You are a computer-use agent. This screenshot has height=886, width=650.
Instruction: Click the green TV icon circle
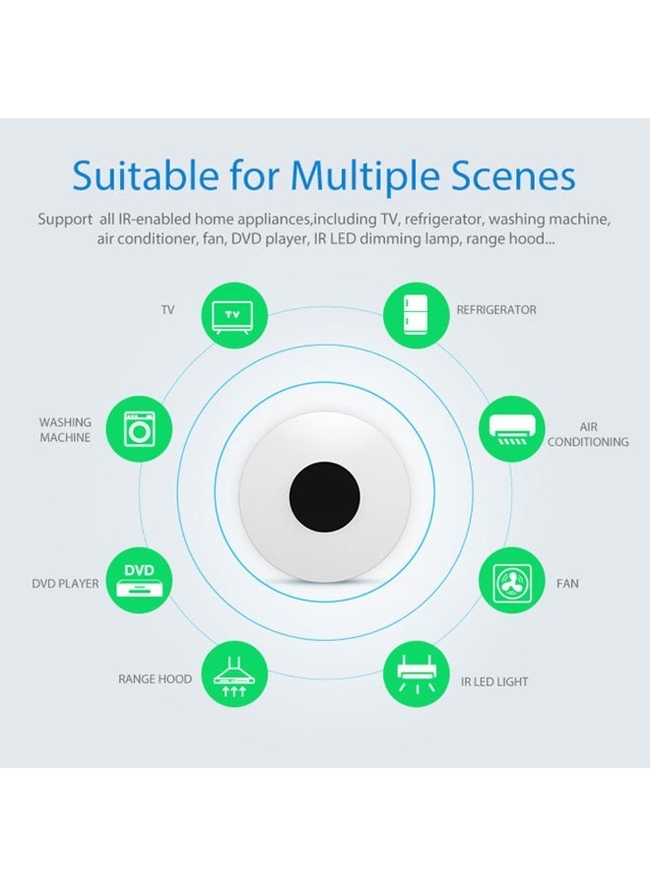click(x=234, y=315)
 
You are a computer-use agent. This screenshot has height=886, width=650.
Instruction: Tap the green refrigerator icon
click(x=417, y=315)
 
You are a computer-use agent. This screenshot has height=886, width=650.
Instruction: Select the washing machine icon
click(x=140, y=429)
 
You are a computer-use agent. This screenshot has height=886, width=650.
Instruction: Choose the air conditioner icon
click(x=511, y=429)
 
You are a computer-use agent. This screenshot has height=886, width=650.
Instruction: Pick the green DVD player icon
click(x=140, y=580)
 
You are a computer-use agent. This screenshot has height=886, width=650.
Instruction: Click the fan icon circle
click(x=511, y=580)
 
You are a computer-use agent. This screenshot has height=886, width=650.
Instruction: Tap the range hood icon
click(x=234, y=674)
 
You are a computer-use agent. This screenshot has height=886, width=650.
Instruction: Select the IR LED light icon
click(x=417, y=674)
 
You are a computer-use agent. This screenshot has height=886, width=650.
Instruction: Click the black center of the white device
click(x=324, y=496)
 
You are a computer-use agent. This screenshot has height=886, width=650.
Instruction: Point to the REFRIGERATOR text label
click(x=496, y=310)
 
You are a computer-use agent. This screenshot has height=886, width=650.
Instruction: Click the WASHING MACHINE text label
click(x=65, y=430)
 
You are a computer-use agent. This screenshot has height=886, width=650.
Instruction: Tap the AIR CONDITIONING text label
click(x=588, y=434)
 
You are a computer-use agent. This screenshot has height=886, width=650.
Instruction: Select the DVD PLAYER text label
click(x=65, y=584)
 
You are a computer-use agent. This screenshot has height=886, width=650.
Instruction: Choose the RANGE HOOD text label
click(x=155, y=679)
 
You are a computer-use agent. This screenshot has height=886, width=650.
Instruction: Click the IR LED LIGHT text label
click(x=494, y=682)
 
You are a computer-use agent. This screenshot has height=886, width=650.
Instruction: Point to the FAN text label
click(x=567, y=584)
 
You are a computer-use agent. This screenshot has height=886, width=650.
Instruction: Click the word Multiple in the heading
click(x=364, y=176)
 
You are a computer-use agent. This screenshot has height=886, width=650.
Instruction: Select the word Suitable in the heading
click(x=145, y=175)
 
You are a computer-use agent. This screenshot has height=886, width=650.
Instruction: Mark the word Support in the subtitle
click(x=65, y=220)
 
